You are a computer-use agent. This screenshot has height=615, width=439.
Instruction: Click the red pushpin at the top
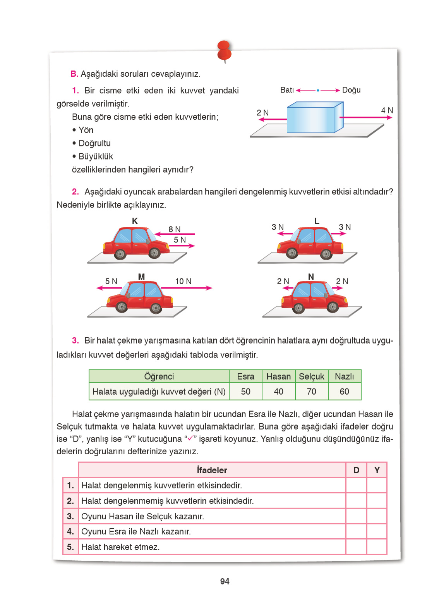[x=225, y=50]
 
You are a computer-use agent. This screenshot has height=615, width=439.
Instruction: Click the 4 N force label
[x=387, y=111]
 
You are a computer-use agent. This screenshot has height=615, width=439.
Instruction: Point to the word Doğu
[x=351, y=90]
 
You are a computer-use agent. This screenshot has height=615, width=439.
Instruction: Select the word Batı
[x=287, y=90]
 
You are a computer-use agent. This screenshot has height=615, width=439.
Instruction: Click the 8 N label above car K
[x=174, y=229]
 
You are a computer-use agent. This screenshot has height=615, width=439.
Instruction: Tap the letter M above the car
[x=141, y=277]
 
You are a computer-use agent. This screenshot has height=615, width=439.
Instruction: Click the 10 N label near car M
[x=183, y=282]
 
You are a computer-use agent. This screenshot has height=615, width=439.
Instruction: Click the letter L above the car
[x=317, y=221]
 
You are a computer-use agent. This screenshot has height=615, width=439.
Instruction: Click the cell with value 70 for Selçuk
[x=312, y=392]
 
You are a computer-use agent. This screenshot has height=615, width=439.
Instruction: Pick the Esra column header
[x=245, y=376]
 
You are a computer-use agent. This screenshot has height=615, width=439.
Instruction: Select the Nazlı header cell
[x=344, y=376]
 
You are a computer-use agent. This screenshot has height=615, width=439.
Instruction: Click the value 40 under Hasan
[x=278, y=392]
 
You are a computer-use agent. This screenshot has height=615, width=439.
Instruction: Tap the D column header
[x=356, y=470]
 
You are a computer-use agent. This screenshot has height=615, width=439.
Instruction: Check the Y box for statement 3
[x=377, y=516]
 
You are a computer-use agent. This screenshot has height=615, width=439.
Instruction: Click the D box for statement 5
[x=356, y=547]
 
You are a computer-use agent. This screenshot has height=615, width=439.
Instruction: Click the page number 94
[x=225, y=581]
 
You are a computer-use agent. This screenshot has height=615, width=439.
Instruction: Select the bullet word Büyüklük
[x=96, y=156]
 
